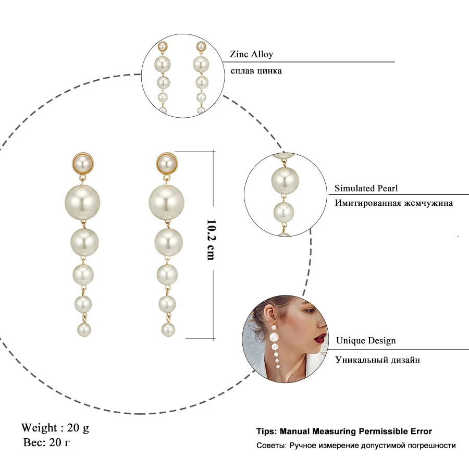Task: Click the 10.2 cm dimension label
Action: pyautogui.click(x=211, y=240)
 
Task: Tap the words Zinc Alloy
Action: pyautogui.click(x=251, y=54)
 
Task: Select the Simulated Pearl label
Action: pyautogui.click(x=366, y=189)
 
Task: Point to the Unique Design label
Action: pyautogui.click(x=365, y=341)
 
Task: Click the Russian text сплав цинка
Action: pyautogui.click(x=255, y=70)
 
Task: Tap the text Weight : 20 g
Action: pyautogui.click(x=55, y=428)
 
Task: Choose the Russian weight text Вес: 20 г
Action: pyautogui.click(x=47, y=443)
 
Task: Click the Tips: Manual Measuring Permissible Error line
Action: pyautogui.click(x=344, y=431)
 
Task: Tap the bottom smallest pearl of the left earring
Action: pyautogui.click(x=83, y=329)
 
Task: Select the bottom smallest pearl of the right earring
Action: pyautogui.click(x=168, y=329)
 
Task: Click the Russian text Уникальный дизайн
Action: pyautogui.click(x=378, y=360)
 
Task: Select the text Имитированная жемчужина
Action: pyautogui.click(x=393, y=203)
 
